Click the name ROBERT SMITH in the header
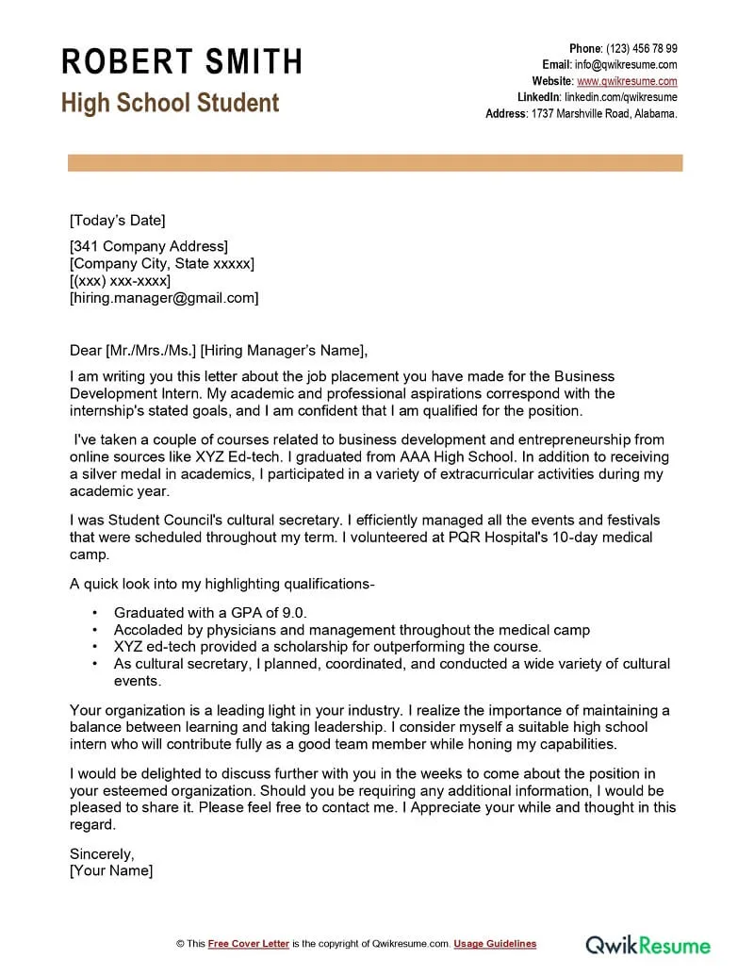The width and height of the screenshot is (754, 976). pos(182,61)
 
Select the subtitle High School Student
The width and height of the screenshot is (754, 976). pos(171,103)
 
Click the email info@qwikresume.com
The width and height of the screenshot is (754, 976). pos(626,64)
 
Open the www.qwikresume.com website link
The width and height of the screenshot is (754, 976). pos(627,81)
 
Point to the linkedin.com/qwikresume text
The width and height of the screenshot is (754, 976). pos(620,97)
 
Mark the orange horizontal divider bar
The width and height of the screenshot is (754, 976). pos(375,163)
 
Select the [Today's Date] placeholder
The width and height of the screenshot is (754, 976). pos(117,221)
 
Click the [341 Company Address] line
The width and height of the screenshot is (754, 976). pos(149,247)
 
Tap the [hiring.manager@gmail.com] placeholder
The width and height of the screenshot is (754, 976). pos(164,298)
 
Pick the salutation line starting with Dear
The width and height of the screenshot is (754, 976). pos(218,351)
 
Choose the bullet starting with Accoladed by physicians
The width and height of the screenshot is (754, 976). pos(352,629)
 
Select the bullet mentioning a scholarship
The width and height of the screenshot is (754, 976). pos(327,646)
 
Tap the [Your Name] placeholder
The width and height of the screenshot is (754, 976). pos(111,870)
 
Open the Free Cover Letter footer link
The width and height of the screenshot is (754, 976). pos(249,944)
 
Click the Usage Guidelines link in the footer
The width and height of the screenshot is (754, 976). pos(495,944)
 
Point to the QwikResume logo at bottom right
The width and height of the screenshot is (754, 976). pos(648,944)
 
